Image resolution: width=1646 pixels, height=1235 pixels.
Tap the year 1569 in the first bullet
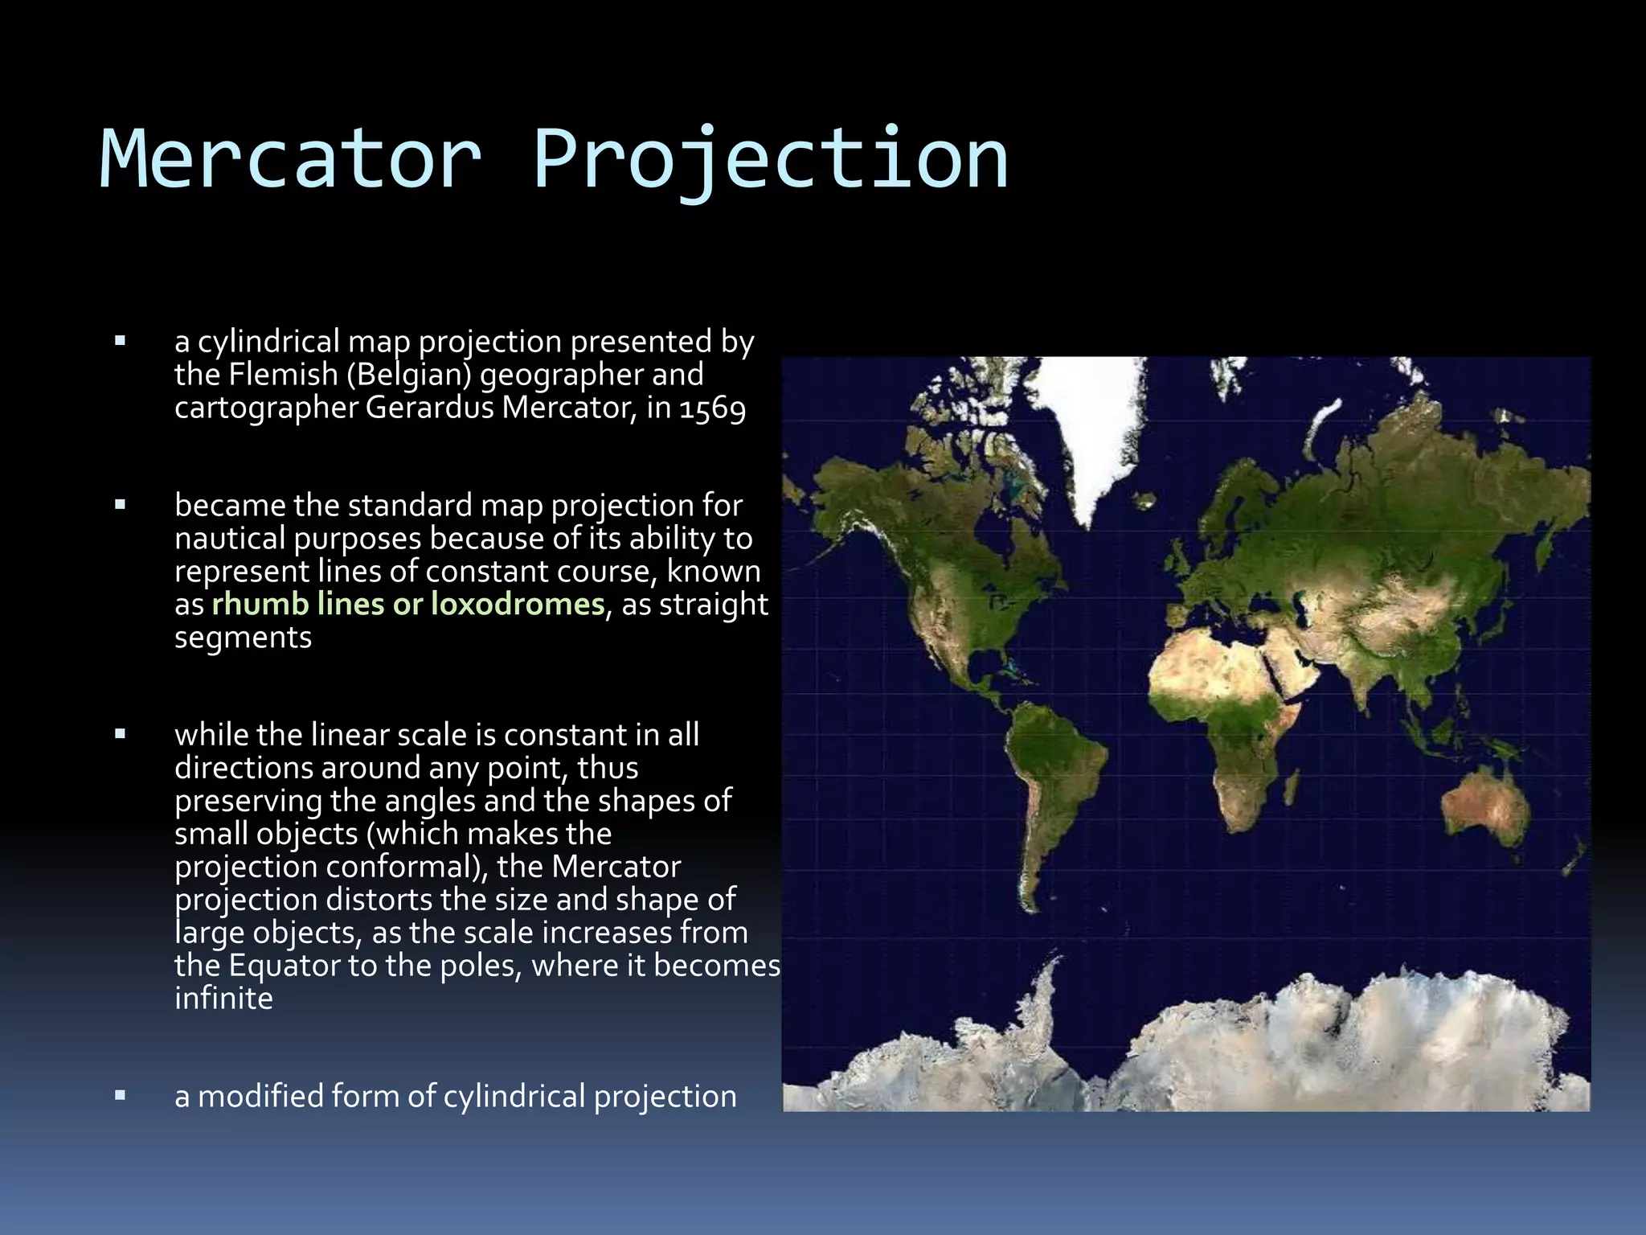pyautogui.click(x=712, y=408)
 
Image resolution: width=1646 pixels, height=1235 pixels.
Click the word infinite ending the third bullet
pyautogui.click(x=223, y=999)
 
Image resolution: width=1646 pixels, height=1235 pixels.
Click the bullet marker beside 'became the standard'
pyautogui.click(x=121, y=506)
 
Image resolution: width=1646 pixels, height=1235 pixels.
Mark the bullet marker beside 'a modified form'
pyautogui.click(x=121, y=1096)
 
